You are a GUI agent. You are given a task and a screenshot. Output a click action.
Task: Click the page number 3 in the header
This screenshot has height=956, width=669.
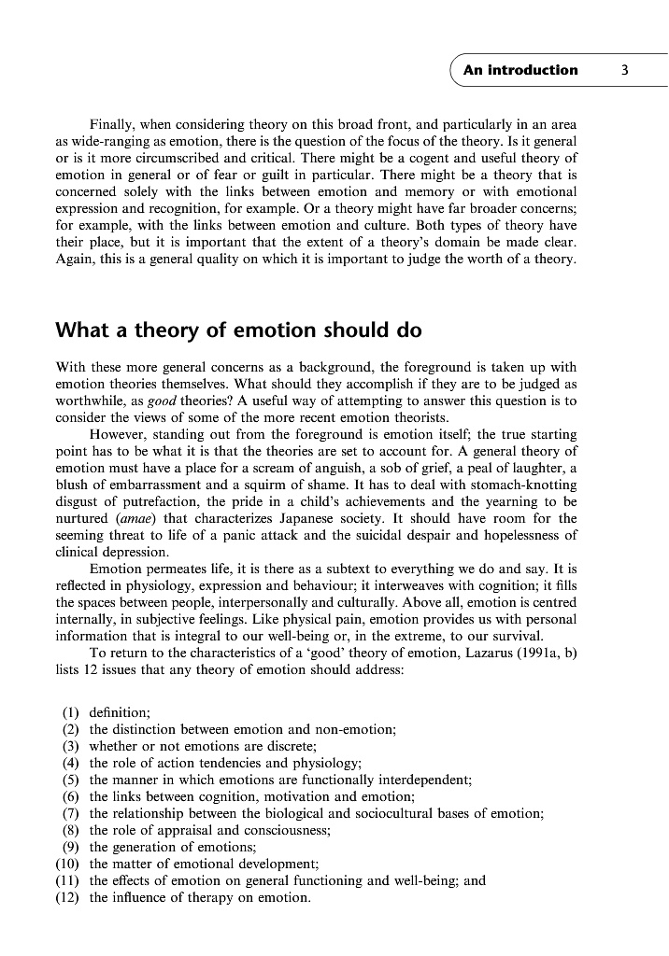click(x=624, y=70)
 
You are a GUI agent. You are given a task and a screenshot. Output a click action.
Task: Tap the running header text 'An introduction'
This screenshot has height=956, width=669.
click(x=520, y=70)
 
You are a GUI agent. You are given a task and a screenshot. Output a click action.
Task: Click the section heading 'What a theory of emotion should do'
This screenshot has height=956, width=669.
click(x=238, y=330)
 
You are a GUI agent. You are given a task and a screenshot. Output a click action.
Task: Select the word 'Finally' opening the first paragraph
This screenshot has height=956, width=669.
click(x=113, y=124)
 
